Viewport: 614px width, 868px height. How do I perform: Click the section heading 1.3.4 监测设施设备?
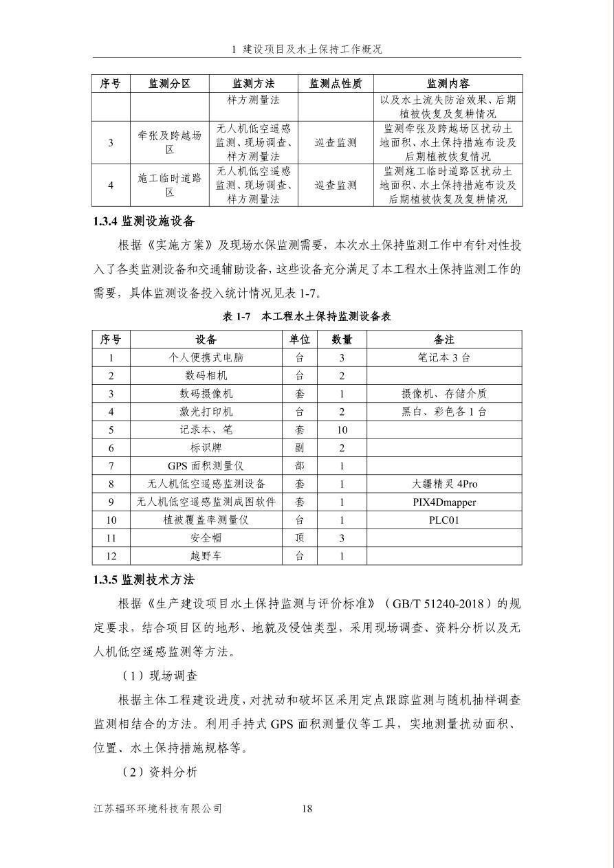144,221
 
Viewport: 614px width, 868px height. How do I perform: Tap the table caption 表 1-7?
307,317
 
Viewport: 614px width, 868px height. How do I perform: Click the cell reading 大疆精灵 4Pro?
443,484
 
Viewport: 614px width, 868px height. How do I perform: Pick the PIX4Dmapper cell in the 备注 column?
443,502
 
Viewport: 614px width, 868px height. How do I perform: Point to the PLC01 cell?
443,520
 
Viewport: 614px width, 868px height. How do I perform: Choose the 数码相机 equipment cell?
206,376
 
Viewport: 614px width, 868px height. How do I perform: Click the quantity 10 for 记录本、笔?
342,430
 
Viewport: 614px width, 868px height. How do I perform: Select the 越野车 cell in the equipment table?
206,556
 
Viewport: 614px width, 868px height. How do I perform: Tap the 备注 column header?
443,340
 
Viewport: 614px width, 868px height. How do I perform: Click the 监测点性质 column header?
336,84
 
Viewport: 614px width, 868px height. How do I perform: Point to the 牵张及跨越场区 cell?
169,142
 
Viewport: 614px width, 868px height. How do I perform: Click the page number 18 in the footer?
307,808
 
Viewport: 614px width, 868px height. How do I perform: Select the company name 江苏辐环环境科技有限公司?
158,808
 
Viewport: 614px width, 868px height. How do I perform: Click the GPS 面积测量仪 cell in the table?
206,466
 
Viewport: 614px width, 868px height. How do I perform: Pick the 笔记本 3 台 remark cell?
443,357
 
